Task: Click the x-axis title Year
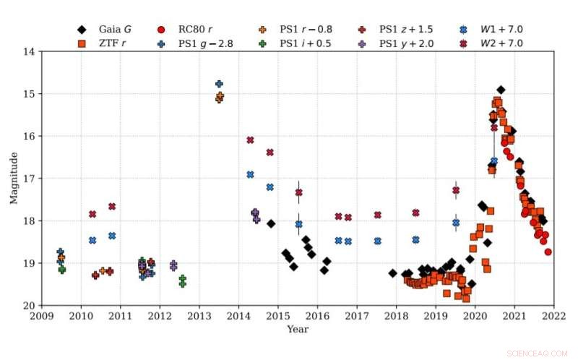297,330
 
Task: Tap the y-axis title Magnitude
13,179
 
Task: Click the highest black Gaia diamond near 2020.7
501,90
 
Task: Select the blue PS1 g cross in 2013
219,84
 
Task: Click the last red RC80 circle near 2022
548,252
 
